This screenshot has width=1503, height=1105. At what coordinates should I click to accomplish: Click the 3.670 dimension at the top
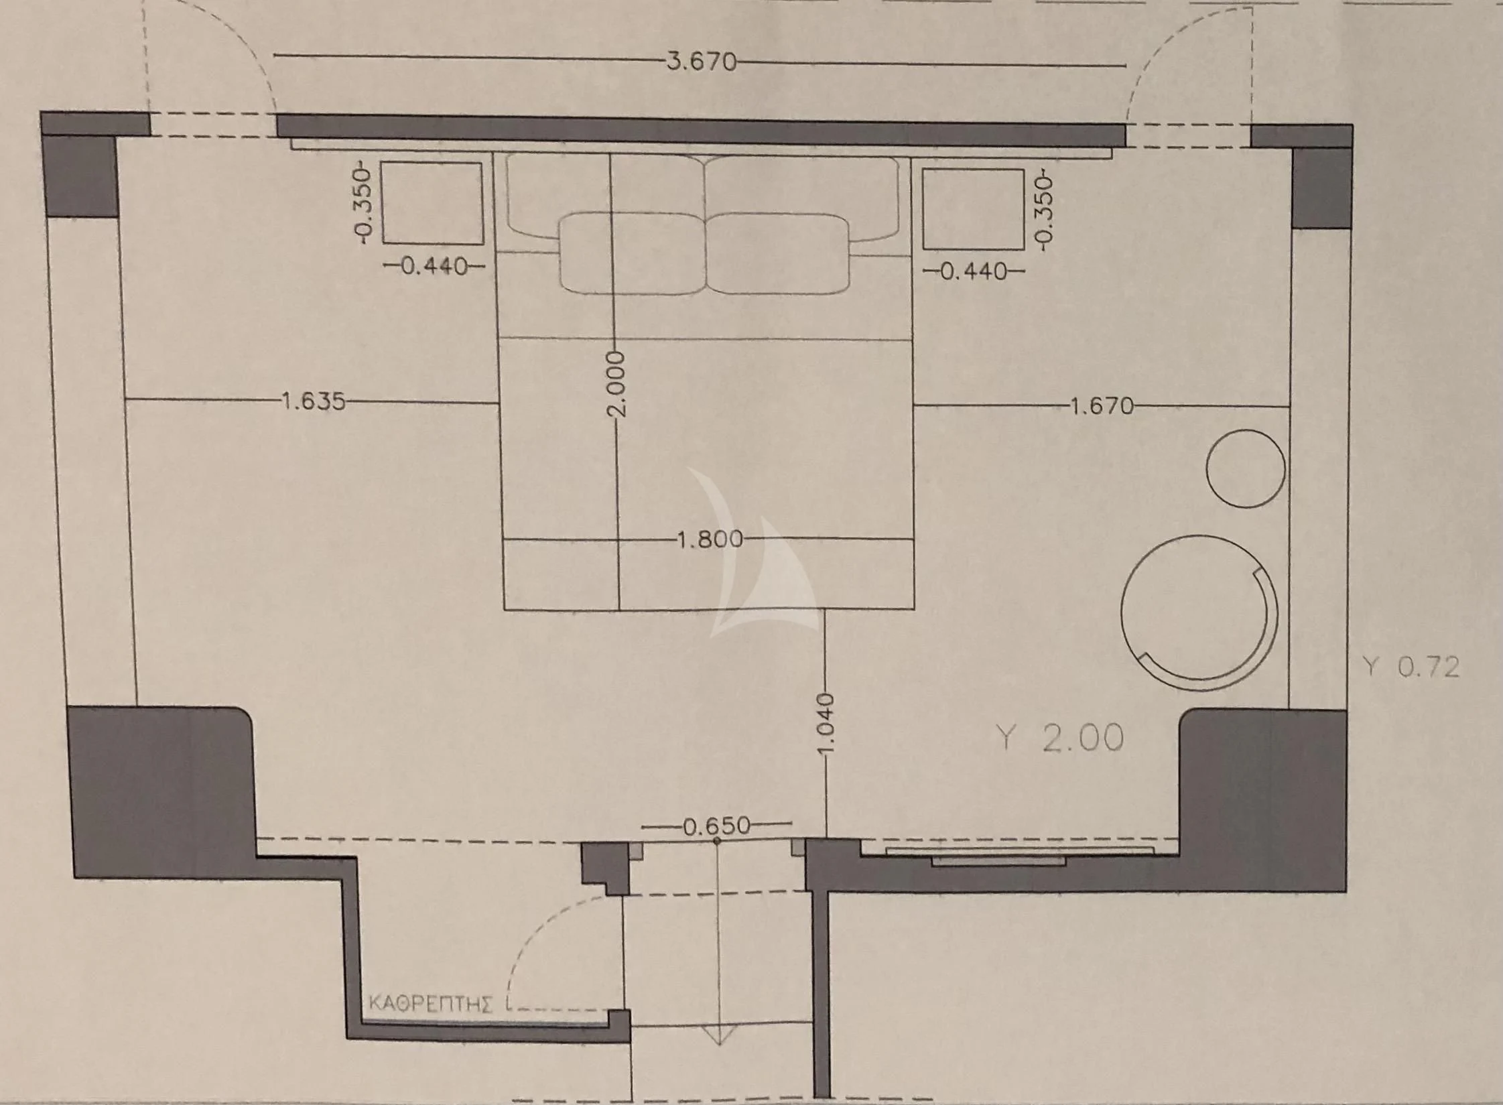(x=701, y=62)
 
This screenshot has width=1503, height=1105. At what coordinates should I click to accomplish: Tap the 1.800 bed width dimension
(x=710, y=539)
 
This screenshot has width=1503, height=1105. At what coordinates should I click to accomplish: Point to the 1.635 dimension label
(x=313, y=401)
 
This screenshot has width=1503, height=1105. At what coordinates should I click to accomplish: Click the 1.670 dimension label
(x=1102, y=406)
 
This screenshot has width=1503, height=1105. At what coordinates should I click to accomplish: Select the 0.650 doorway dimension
(x=716, y=826)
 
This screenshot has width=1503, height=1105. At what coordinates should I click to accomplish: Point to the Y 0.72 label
(x=1411, y=667)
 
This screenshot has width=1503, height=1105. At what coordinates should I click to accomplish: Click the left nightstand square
(x=432, y=203)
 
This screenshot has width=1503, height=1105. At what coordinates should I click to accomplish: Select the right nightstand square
(x=973, y=209)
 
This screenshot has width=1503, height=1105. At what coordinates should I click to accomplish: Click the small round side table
(x=1245, y=468)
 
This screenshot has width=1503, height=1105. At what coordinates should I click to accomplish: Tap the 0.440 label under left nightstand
(x=434, y=267)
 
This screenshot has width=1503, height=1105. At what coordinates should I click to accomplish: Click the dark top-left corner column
(x=80, y=176)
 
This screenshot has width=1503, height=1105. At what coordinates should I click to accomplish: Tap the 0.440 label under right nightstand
(x=974, y=271)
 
